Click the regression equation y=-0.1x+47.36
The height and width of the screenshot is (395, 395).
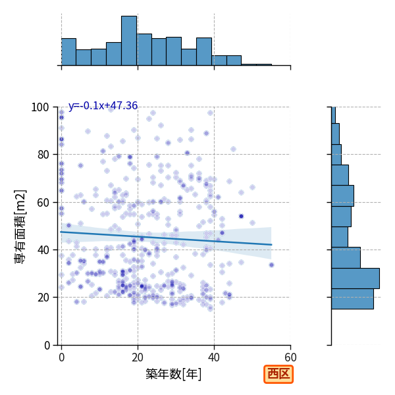[x=103, y=105]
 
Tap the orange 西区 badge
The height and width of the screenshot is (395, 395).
[x=278, y=374]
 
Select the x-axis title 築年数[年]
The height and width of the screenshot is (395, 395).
[x=174, y=374]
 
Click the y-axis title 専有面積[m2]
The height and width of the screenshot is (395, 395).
[x=20, y=226]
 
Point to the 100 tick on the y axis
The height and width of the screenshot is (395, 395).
[x=39, y=107]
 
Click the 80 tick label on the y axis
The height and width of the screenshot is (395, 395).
[x=43, y=155]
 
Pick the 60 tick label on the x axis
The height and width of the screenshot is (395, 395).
[x=290, y=357]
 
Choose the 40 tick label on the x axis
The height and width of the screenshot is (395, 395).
[x=214, y=357]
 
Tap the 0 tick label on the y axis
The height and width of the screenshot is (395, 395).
[x=47, y=345]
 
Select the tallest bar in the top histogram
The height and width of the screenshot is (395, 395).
[x=129, y=41]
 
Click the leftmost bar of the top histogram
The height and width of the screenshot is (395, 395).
[x=68, y=52]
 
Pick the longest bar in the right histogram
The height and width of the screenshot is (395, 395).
[x=355, y=278]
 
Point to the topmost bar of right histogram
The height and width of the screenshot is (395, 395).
[x=334, y=115]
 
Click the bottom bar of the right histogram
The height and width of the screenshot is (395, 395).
[x=352, y=299]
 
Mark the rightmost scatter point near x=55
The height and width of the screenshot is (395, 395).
[x=271, y=265]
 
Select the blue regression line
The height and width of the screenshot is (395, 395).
[x=167, y=238]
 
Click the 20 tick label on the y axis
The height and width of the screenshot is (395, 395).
[x=43, y=298]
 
